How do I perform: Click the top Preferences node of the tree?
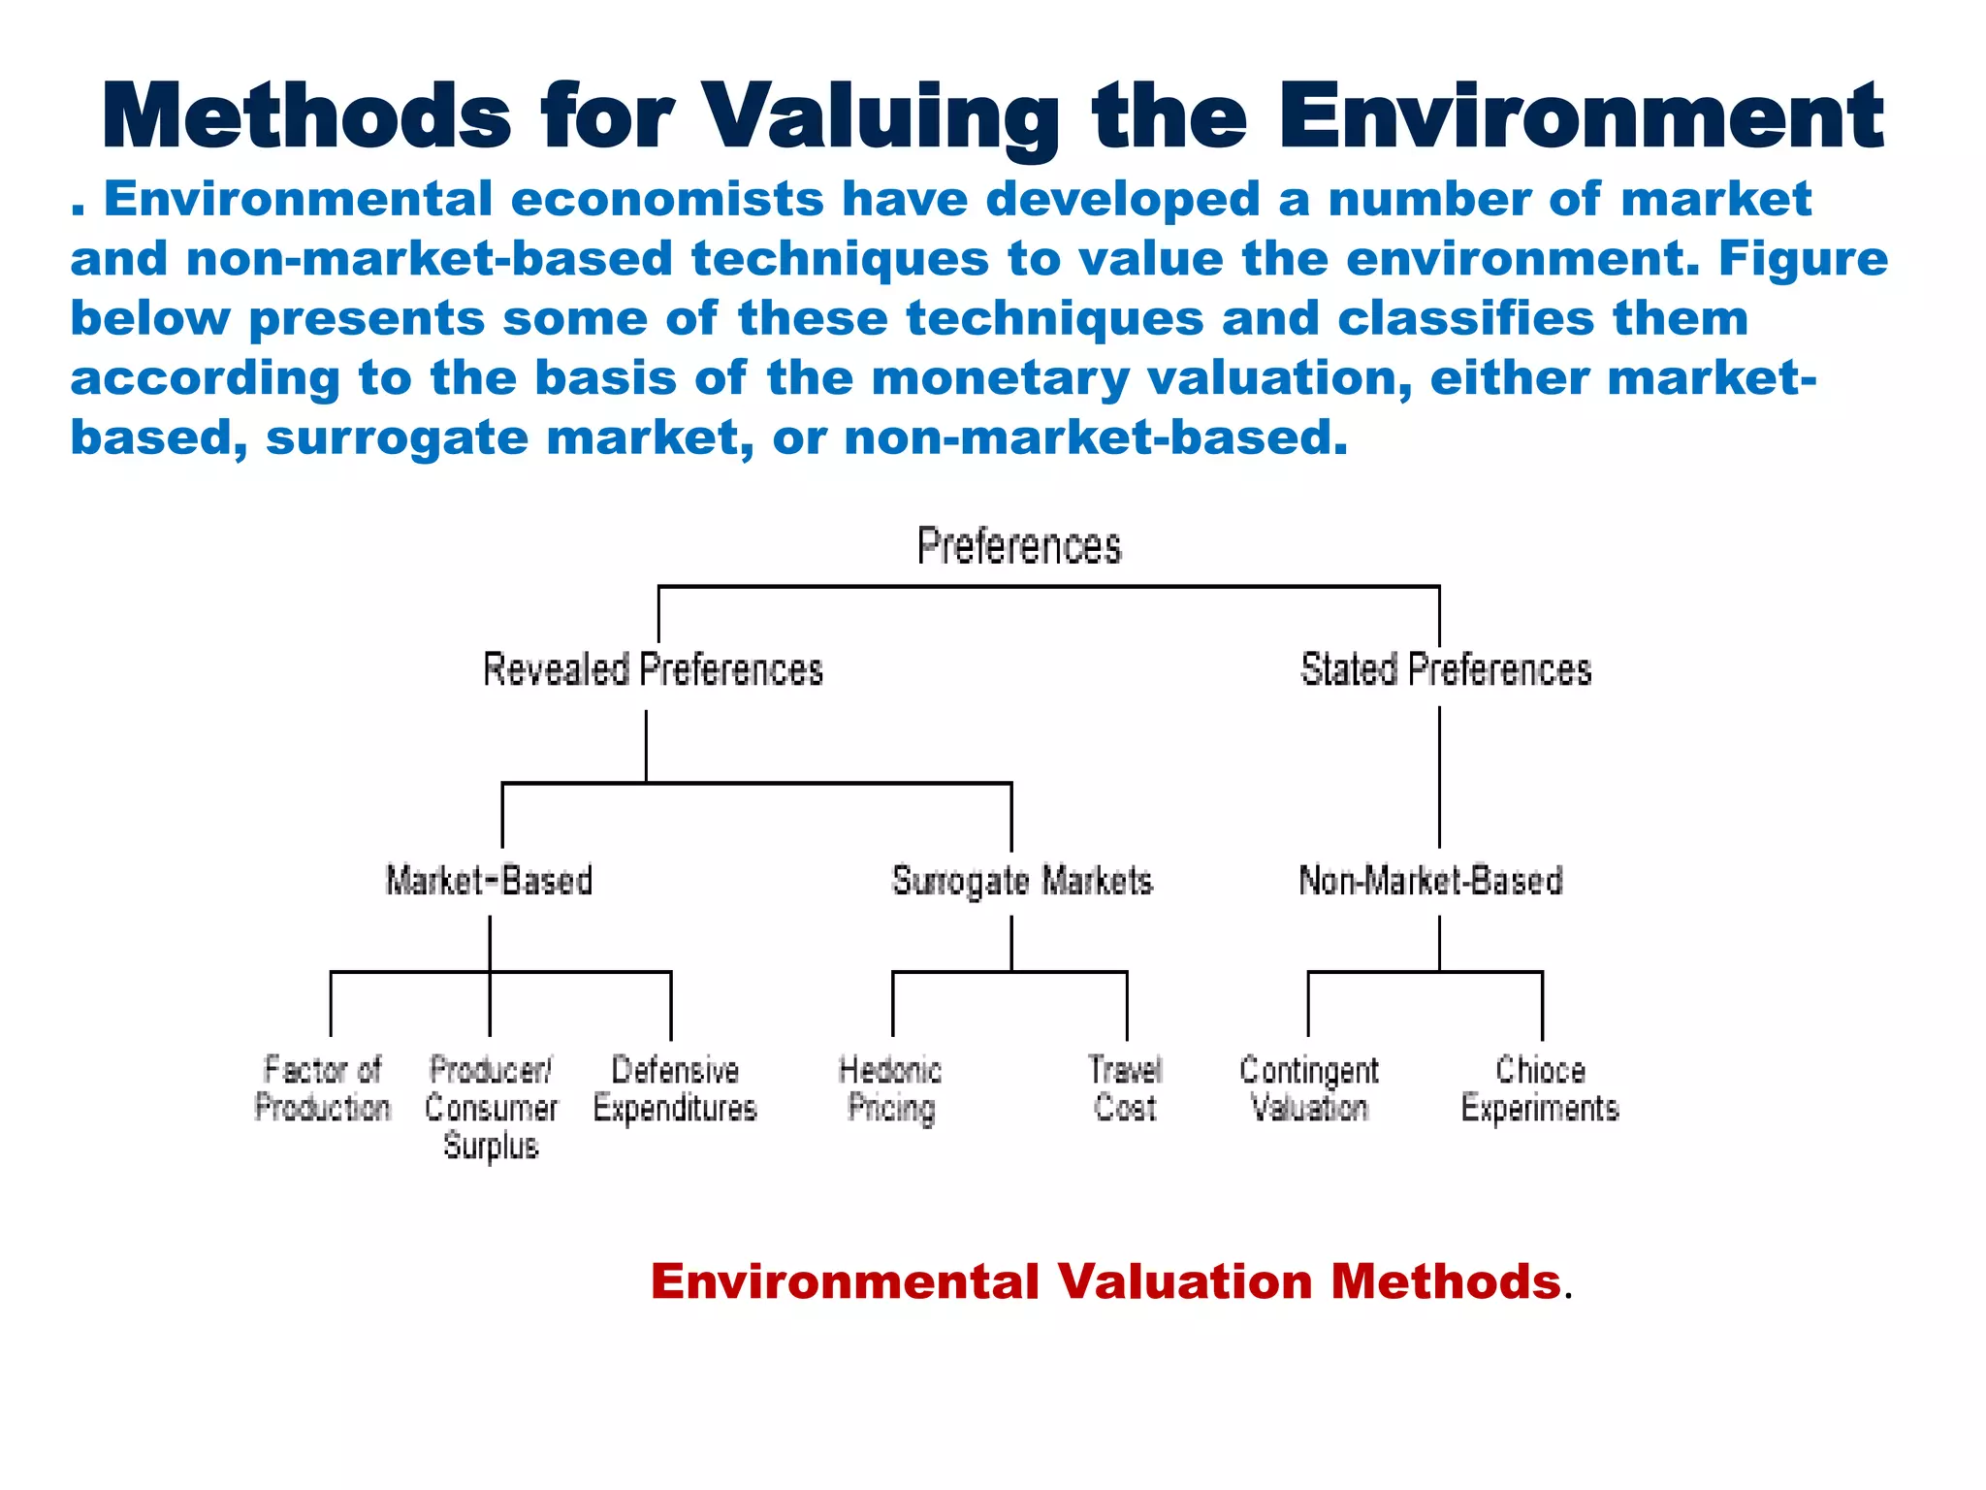tap(1018, 546)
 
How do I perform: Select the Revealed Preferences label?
tap(653, 670)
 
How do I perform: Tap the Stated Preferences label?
tap(1445, 670)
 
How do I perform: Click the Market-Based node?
tap(489, 881)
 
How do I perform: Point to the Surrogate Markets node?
tap(1022, 881)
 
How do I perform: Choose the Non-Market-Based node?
tap(1430, 881)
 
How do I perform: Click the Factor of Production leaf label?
tap(322, 1088)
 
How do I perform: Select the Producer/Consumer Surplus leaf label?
tap(491, 1108)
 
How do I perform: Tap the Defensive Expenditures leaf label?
tap(675, 1088)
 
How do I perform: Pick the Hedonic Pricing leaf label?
tap(890, 1088)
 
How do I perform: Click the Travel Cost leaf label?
tap(1125, 1088)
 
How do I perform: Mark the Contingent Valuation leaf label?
tap(1309, 1088)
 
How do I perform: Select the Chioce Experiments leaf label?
tap(1540, 1088)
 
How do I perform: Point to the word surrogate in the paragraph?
tap(396, 437)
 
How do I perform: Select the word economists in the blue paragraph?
tap(667, 199)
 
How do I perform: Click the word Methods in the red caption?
tap(1445, 1281)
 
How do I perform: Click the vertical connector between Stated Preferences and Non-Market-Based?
tap(1439, 776)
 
